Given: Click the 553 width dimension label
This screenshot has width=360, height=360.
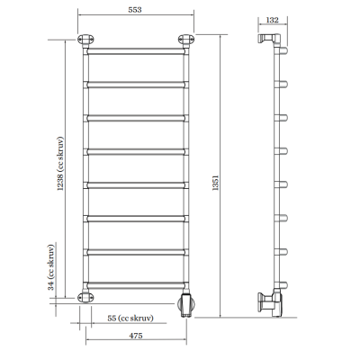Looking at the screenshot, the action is point(135,10).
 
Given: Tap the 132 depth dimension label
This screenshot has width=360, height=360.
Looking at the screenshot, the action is point(273,20).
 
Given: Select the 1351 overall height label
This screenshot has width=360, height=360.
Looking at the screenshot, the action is point(215,183).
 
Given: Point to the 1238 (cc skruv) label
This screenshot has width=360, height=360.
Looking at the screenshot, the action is point(60,164).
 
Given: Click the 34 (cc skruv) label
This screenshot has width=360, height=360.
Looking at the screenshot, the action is point(51,267).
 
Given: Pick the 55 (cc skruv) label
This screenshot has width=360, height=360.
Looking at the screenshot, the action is point(130,318).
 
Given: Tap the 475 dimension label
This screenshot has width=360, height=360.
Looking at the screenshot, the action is point(136,336).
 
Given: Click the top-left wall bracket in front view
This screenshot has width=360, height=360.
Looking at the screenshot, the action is point(85,40).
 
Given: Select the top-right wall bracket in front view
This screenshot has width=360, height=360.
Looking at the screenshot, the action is point(186,40).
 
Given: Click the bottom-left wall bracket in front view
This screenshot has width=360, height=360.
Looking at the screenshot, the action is point(85,296).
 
